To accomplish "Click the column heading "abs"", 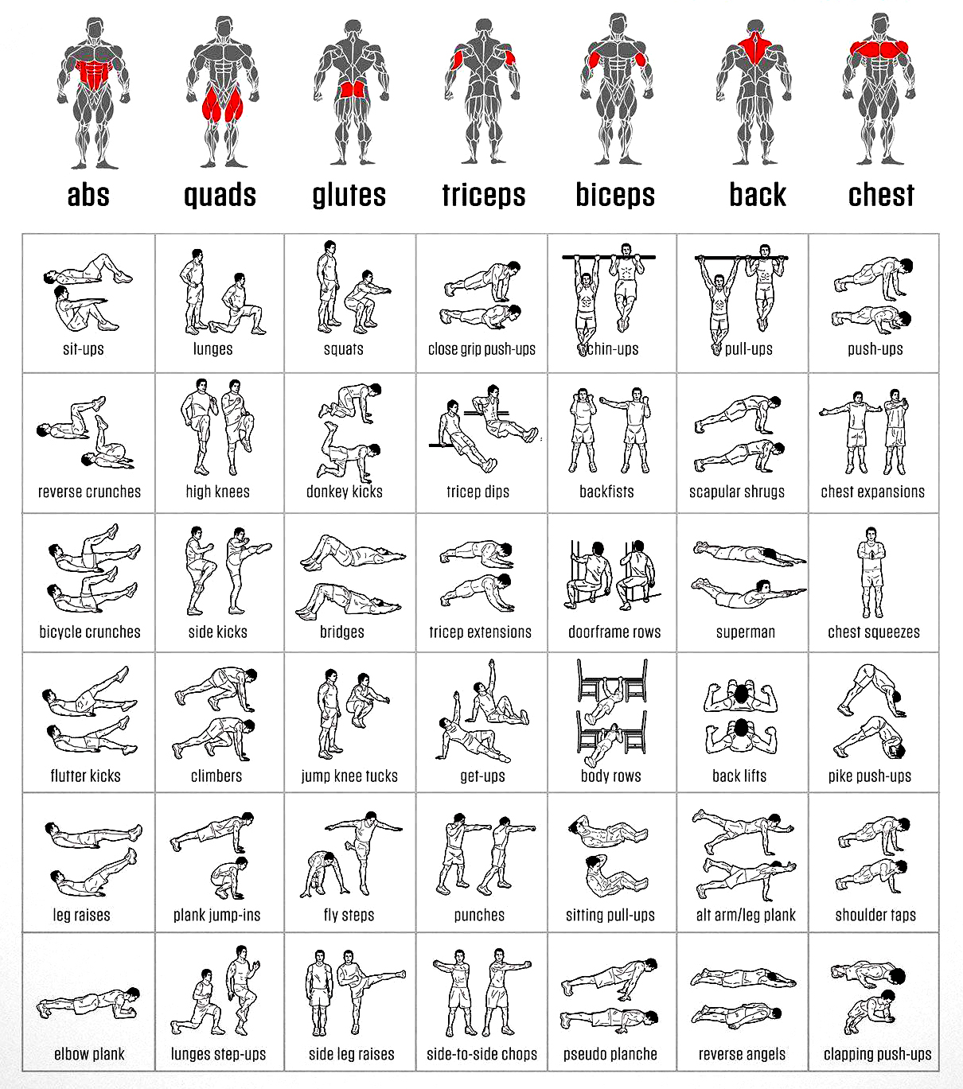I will click(x=88, y=195).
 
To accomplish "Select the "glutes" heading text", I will click(x=349, y=195).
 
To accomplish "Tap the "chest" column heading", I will click(x=881, y=195).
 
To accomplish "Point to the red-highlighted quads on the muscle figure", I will click(x=220, y=104).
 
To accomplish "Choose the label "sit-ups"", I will click(x=84, y=348).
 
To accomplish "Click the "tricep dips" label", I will click(x=478, y=492).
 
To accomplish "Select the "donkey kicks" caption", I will click(x=345, y=492).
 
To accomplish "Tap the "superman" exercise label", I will click(x=746, y=632).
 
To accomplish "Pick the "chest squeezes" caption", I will click(x=874, y=632).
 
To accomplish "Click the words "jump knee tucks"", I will click(x=349, y=776).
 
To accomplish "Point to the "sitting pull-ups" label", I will click(x=610, y=915).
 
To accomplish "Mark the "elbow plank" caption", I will click(x=89, y=1054).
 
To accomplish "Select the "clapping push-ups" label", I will click(x=877, y=1054).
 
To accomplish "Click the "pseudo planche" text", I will click(x=610, y=1054).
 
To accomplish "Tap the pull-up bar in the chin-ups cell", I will click(x=609, y=258).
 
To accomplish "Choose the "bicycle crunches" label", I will click(x=90, y=632).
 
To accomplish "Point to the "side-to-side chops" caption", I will click(x=481, y=1054).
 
